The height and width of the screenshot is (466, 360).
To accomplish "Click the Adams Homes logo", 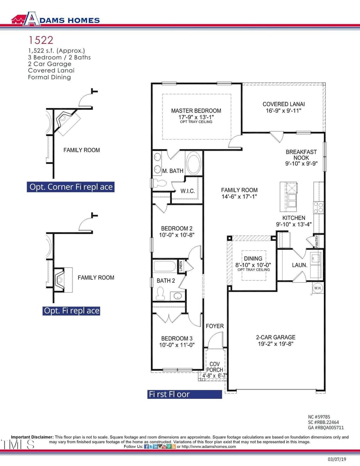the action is (55, 19).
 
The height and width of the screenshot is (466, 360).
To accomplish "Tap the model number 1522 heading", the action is (40, 40).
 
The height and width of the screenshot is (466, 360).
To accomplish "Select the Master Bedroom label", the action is (196, 111).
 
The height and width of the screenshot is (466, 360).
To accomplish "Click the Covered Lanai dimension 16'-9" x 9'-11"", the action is (283, 111).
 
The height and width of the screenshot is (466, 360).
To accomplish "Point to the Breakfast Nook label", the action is (301, 154).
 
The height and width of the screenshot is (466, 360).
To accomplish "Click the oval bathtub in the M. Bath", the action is (193, 162).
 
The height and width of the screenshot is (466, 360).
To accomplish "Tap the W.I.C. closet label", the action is (188, 191).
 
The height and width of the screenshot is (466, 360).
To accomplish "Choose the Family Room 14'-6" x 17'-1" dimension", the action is (239, 196).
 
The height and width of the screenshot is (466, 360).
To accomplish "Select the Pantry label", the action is (317, 241).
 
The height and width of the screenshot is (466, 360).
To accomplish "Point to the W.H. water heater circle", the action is (318, 288).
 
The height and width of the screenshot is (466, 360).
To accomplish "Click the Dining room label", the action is (253, 258).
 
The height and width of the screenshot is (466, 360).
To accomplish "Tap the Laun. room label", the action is (299, 265).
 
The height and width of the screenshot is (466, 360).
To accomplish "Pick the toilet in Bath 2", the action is (160, 294).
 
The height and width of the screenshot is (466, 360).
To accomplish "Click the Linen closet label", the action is (180, 266).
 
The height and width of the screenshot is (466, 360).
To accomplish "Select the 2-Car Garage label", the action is (276, 337).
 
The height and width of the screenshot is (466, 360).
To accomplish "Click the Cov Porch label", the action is (215, 367).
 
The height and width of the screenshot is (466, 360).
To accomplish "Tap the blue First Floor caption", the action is (184, 394).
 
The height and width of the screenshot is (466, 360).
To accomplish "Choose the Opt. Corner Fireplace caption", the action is (71, 187).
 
